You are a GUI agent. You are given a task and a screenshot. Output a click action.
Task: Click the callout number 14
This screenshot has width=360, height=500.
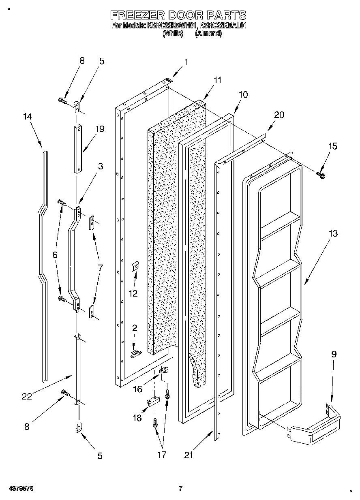(27, 116)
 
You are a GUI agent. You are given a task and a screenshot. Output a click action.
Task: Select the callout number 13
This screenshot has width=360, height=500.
(333, 234)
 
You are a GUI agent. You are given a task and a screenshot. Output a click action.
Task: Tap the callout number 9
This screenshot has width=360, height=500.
(333, 354)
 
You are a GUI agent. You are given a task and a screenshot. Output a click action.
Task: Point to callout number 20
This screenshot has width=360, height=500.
(279, 115)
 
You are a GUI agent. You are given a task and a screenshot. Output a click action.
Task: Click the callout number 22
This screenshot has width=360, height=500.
(27, 397)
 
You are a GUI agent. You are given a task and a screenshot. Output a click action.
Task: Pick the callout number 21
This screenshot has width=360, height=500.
(188, 455)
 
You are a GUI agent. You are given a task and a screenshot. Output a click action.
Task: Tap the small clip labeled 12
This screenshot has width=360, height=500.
(136, 266)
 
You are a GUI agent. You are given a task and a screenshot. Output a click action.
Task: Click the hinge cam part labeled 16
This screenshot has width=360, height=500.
(164, 370)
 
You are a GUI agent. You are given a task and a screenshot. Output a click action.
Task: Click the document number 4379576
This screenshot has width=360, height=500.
(20, 489)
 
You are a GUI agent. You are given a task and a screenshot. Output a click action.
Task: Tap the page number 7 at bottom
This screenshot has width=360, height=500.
(181, 489)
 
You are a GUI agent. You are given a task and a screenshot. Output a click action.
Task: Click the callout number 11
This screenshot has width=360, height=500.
(218, 80)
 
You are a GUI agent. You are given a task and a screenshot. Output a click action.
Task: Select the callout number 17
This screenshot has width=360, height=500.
(161, 455)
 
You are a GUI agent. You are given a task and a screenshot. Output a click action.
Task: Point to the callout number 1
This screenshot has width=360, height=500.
(186, 62)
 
